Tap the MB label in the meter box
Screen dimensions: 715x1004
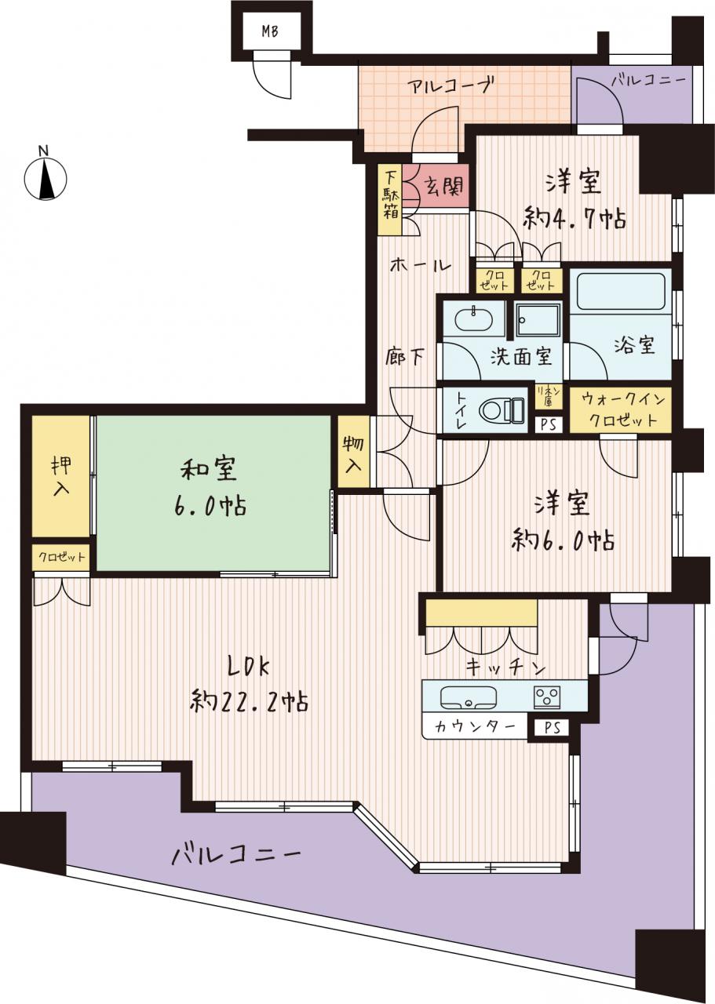tap(270, 32)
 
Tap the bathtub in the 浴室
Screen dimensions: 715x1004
tap(621, 292)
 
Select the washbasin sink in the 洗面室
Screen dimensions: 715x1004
tap(474, 319)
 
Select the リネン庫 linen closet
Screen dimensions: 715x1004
tap(549, 397)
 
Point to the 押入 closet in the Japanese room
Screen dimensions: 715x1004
tap(61, 476)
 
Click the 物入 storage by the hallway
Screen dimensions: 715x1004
tap(354, 452)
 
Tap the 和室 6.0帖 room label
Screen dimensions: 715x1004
tap(213, 489)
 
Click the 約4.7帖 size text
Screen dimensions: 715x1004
tap(575, 220)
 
